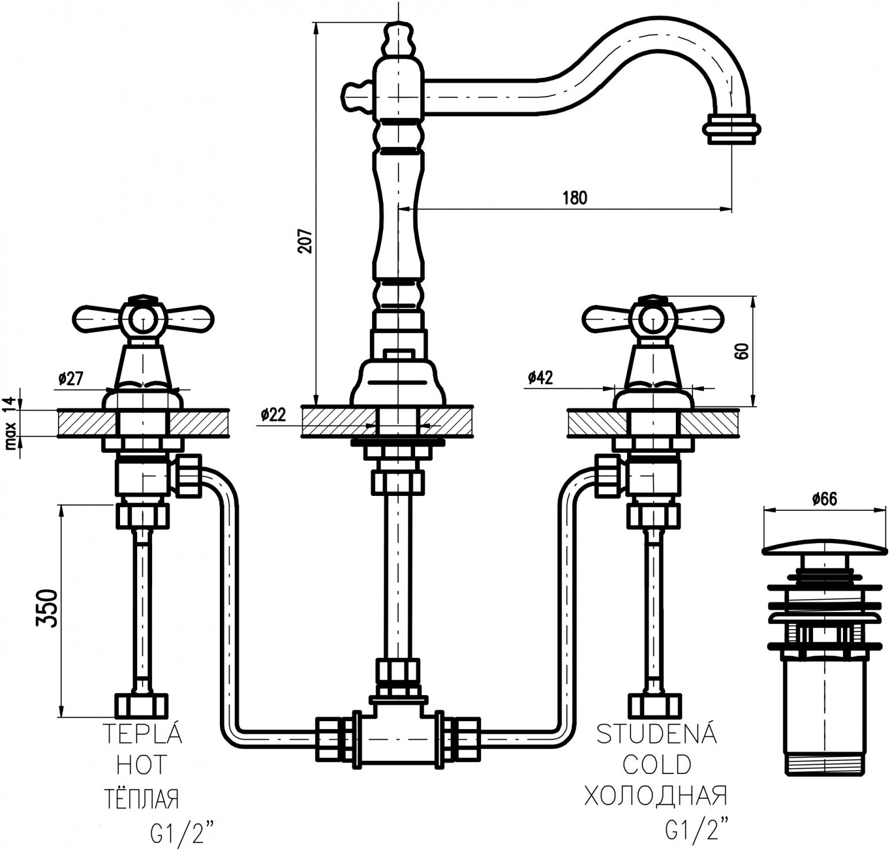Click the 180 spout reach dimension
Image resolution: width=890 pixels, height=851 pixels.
click(x=575, y=198)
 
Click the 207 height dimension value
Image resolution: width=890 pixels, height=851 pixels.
click(x=305, y=242)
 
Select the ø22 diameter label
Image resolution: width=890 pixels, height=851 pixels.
click(x=273, y=415)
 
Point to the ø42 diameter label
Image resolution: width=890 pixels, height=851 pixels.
click(x=540, y=377)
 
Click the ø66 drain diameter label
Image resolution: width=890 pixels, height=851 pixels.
click(x=825, y=499)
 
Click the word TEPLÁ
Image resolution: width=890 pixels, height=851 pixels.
click(x=142, y=734)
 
